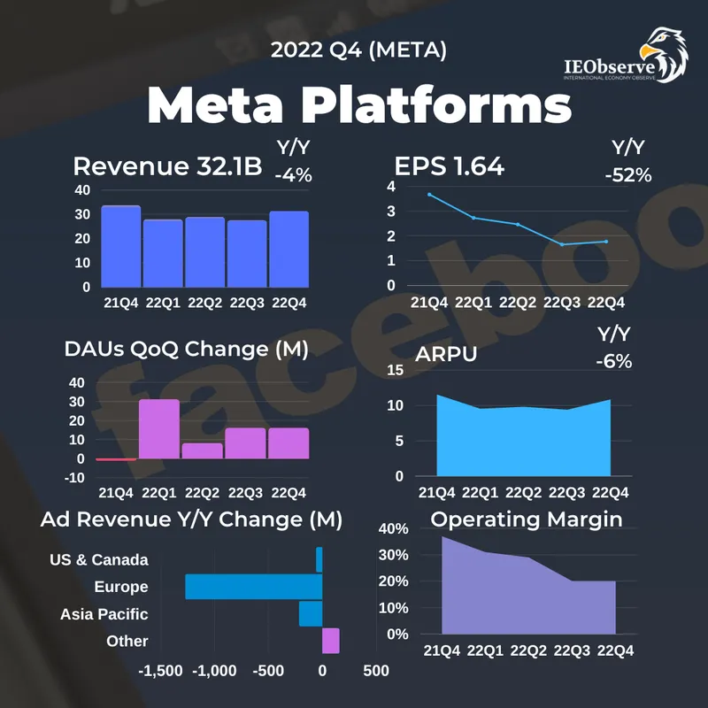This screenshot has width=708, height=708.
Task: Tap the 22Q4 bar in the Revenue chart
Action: [289, 250]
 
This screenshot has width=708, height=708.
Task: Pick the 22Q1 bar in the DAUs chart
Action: [159, 429]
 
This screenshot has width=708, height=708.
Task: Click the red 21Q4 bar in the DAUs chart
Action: [116, 459]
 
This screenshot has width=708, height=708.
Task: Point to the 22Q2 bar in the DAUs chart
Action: [202, 450]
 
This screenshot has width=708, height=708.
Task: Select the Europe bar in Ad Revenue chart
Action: [254, 587]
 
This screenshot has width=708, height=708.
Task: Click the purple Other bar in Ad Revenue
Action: [331, 641]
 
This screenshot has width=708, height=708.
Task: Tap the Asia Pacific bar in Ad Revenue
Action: [311, 614]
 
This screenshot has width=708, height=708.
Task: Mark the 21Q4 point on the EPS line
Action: [429, 195]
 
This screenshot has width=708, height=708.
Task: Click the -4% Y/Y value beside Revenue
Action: [293, 175]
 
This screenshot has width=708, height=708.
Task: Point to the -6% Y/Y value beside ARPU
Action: [614, 361]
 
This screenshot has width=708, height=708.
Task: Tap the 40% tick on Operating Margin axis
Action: [394, 529]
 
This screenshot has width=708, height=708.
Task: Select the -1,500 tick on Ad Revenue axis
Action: [160, 671]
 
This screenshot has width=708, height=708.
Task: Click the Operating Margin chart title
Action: [527, 519]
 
